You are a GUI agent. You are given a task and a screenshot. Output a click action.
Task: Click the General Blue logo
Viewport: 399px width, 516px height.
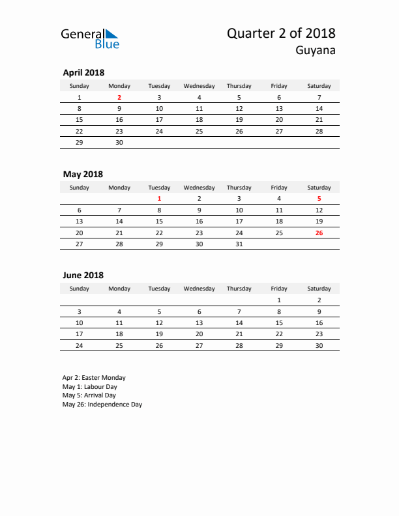click(90, 38)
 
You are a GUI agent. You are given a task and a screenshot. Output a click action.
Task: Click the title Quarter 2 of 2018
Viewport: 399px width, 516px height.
click(281, 33)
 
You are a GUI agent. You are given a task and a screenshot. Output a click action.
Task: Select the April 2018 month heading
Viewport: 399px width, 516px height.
click(83, 72)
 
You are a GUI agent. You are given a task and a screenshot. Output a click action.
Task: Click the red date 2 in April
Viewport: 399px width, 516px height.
click(119, 97)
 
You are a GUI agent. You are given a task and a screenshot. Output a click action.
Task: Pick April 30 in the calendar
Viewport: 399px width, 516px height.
click(119, 142)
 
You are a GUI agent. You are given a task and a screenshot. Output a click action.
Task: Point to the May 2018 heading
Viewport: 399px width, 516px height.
click(83, 174)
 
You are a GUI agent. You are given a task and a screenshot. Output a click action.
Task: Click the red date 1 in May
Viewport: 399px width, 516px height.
click(159, 199)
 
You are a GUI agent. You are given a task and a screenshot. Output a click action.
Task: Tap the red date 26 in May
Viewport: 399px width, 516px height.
click(319, 233)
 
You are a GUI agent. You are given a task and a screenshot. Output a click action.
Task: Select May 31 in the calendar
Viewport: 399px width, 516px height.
click(239, 244)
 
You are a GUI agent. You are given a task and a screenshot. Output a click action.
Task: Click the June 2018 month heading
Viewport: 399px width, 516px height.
click(83, 275)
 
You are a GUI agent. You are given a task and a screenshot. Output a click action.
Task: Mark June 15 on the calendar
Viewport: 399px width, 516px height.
click(279, 322)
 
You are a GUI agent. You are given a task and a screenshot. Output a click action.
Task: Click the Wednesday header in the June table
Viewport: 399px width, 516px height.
click(199, 289)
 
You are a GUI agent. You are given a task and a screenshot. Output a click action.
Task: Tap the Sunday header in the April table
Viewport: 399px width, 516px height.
click(80, 86)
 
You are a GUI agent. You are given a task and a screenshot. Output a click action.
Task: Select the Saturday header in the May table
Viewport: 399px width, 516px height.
click(319, 188)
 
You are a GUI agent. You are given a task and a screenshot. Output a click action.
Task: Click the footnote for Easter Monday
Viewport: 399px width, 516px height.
click(94, 378)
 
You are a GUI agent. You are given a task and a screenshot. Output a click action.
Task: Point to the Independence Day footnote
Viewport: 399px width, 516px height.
click(102, 405)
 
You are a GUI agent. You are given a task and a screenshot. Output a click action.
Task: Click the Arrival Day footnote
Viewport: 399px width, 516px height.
click(89, 395)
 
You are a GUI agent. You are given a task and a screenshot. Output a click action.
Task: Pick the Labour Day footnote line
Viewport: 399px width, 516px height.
click(89, 386)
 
